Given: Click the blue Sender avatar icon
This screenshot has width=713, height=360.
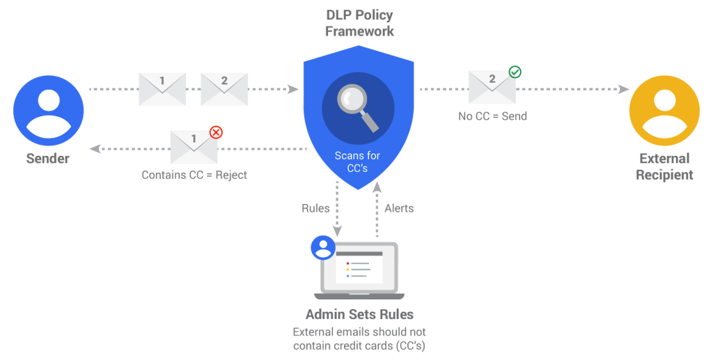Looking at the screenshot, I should point(49,111).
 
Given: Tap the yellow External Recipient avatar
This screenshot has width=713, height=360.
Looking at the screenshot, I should point(664,111).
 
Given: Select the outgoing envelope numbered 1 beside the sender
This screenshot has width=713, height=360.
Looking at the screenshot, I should point(162,89).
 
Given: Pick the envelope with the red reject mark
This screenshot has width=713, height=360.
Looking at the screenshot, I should point(194,147).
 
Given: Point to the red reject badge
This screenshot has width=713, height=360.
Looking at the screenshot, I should point(217,131).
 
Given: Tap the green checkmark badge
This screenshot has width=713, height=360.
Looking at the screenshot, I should point(515,72).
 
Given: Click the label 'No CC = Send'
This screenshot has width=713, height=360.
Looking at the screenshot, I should point(492,116).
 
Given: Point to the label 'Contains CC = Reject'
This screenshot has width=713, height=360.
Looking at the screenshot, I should point(194,175).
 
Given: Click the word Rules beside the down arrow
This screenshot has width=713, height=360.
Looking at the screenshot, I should point(315,208).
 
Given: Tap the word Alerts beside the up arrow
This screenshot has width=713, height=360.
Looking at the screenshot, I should point(399,208).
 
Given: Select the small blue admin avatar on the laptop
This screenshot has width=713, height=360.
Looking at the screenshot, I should point(322,246).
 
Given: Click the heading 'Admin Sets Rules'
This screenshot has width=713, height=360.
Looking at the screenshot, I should point(359,314).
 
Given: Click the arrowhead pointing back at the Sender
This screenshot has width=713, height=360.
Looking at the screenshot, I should point(95,148).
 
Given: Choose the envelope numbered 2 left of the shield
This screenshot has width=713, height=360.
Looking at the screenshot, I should point(224,89).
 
